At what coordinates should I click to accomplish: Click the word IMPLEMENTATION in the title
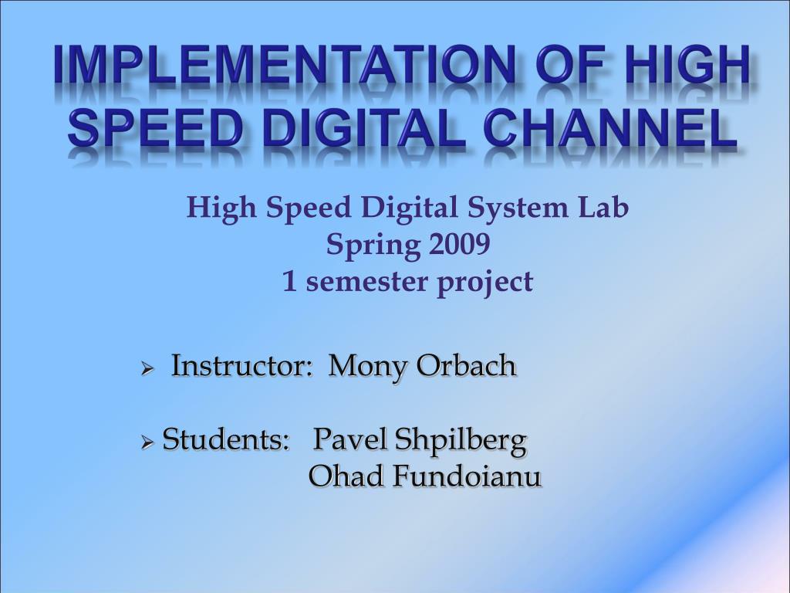pos(285,65)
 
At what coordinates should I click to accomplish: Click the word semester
pos(366,283)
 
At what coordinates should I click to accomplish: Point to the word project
pos(485,283)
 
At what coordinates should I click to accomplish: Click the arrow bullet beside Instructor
pos(147,368)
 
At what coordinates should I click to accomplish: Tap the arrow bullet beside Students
pos(147,442)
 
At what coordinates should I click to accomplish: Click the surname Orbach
pos(467,365)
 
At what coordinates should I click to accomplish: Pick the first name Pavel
pos(350,439)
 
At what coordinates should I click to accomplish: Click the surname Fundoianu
pos(468,476)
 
